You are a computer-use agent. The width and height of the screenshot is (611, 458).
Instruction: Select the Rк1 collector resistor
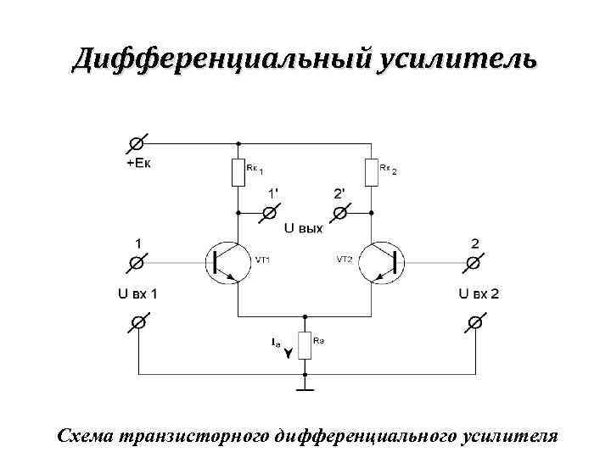[x=238, y=173]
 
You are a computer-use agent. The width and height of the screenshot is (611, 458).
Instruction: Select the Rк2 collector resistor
[x=371, y=173]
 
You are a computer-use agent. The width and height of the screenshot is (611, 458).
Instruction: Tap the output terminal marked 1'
[x=271, y=211]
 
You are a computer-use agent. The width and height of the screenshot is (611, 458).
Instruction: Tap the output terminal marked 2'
[x=339, y=211]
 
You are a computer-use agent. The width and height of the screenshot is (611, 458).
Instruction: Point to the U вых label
[x=304, y=228]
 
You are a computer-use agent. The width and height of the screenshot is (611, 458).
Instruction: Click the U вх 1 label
[x=137, y=294]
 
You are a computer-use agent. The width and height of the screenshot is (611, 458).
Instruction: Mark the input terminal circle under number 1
[x=136, y=264]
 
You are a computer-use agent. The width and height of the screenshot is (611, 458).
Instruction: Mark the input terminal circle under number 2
[x=473, y=264]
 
